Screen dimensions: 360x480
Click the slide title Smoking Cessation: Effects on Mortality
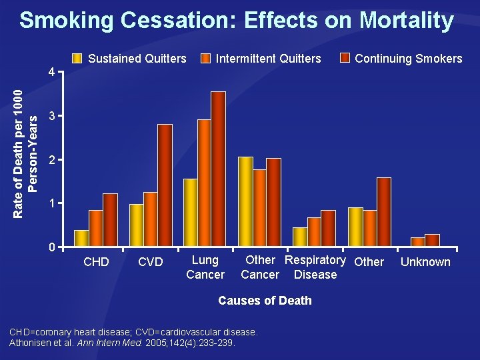click(237, 20)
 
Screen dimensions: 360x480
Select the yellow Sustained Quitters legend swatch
click(78, 58)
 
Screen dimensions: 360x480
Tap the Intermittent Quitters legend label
click(268, 59)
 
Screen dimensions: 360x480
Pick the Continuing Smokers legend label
click(408, 59)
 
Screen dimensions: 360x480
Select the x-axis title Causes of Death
click(265, 301)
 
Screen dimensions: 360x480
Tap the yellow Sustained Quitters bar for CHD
click(81, 239)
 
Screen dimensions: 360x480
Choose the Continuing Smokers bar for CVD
click(165, 186)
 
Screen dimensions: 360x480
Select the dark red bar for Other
click(383, 213)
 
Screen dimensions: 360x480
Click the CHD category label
click(96, 262)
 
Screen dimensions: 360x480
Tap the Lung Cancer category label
click(205, 267)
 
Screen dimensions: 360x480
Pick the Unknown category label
click(425, 262)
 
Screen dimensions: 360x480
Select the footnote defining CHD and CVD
click(133, 332)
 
